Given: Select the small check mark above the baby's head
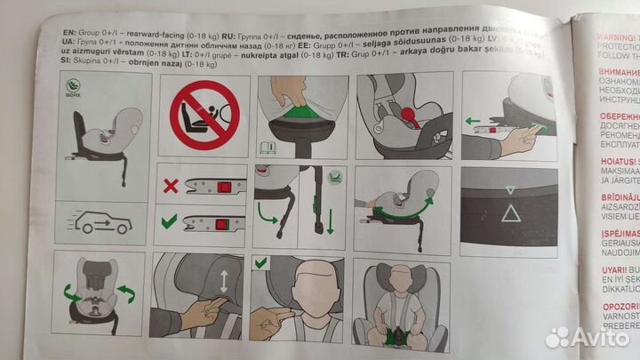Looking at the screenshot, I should pyautogui.click(x=262, y=263).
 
